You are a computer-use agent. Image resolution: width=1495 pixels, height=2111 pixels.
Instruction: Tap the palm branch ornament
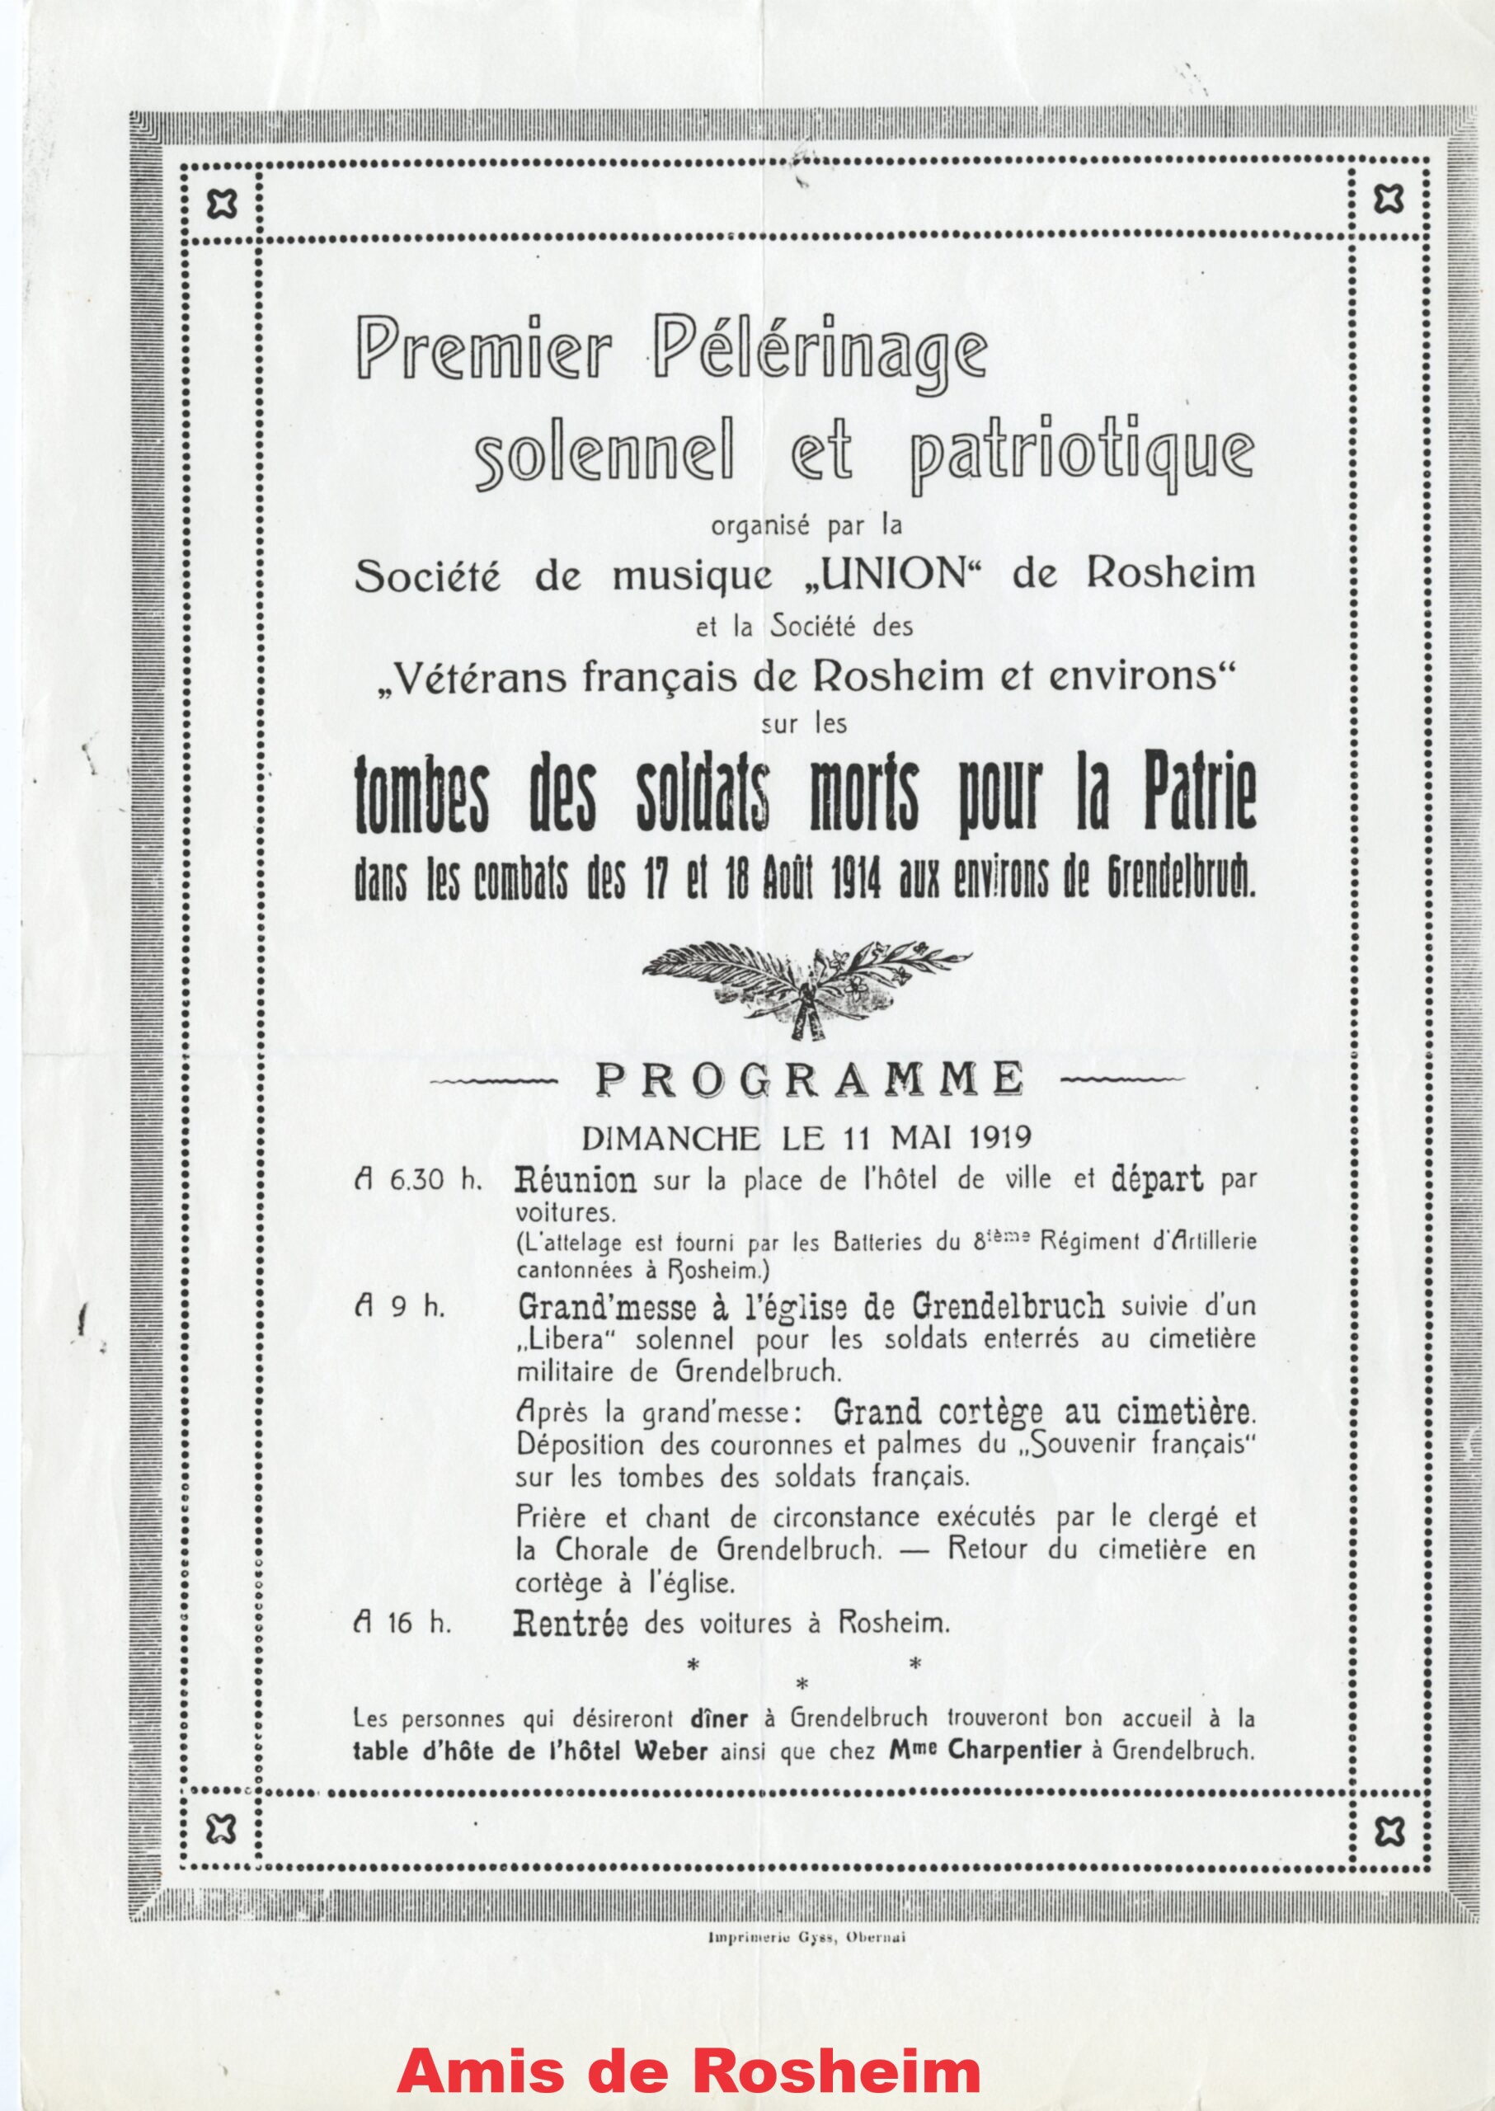point(806,980)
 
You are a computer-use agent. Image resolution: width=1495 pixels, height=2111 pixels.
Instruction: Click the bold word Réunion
point(577,1179)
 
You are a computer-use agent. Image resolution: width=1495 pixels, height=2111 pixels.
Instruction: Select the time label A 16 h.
point(402,1623)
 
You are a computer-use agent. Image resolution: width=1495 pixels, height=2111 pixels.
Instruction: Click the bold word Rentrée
point(571,1622)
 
